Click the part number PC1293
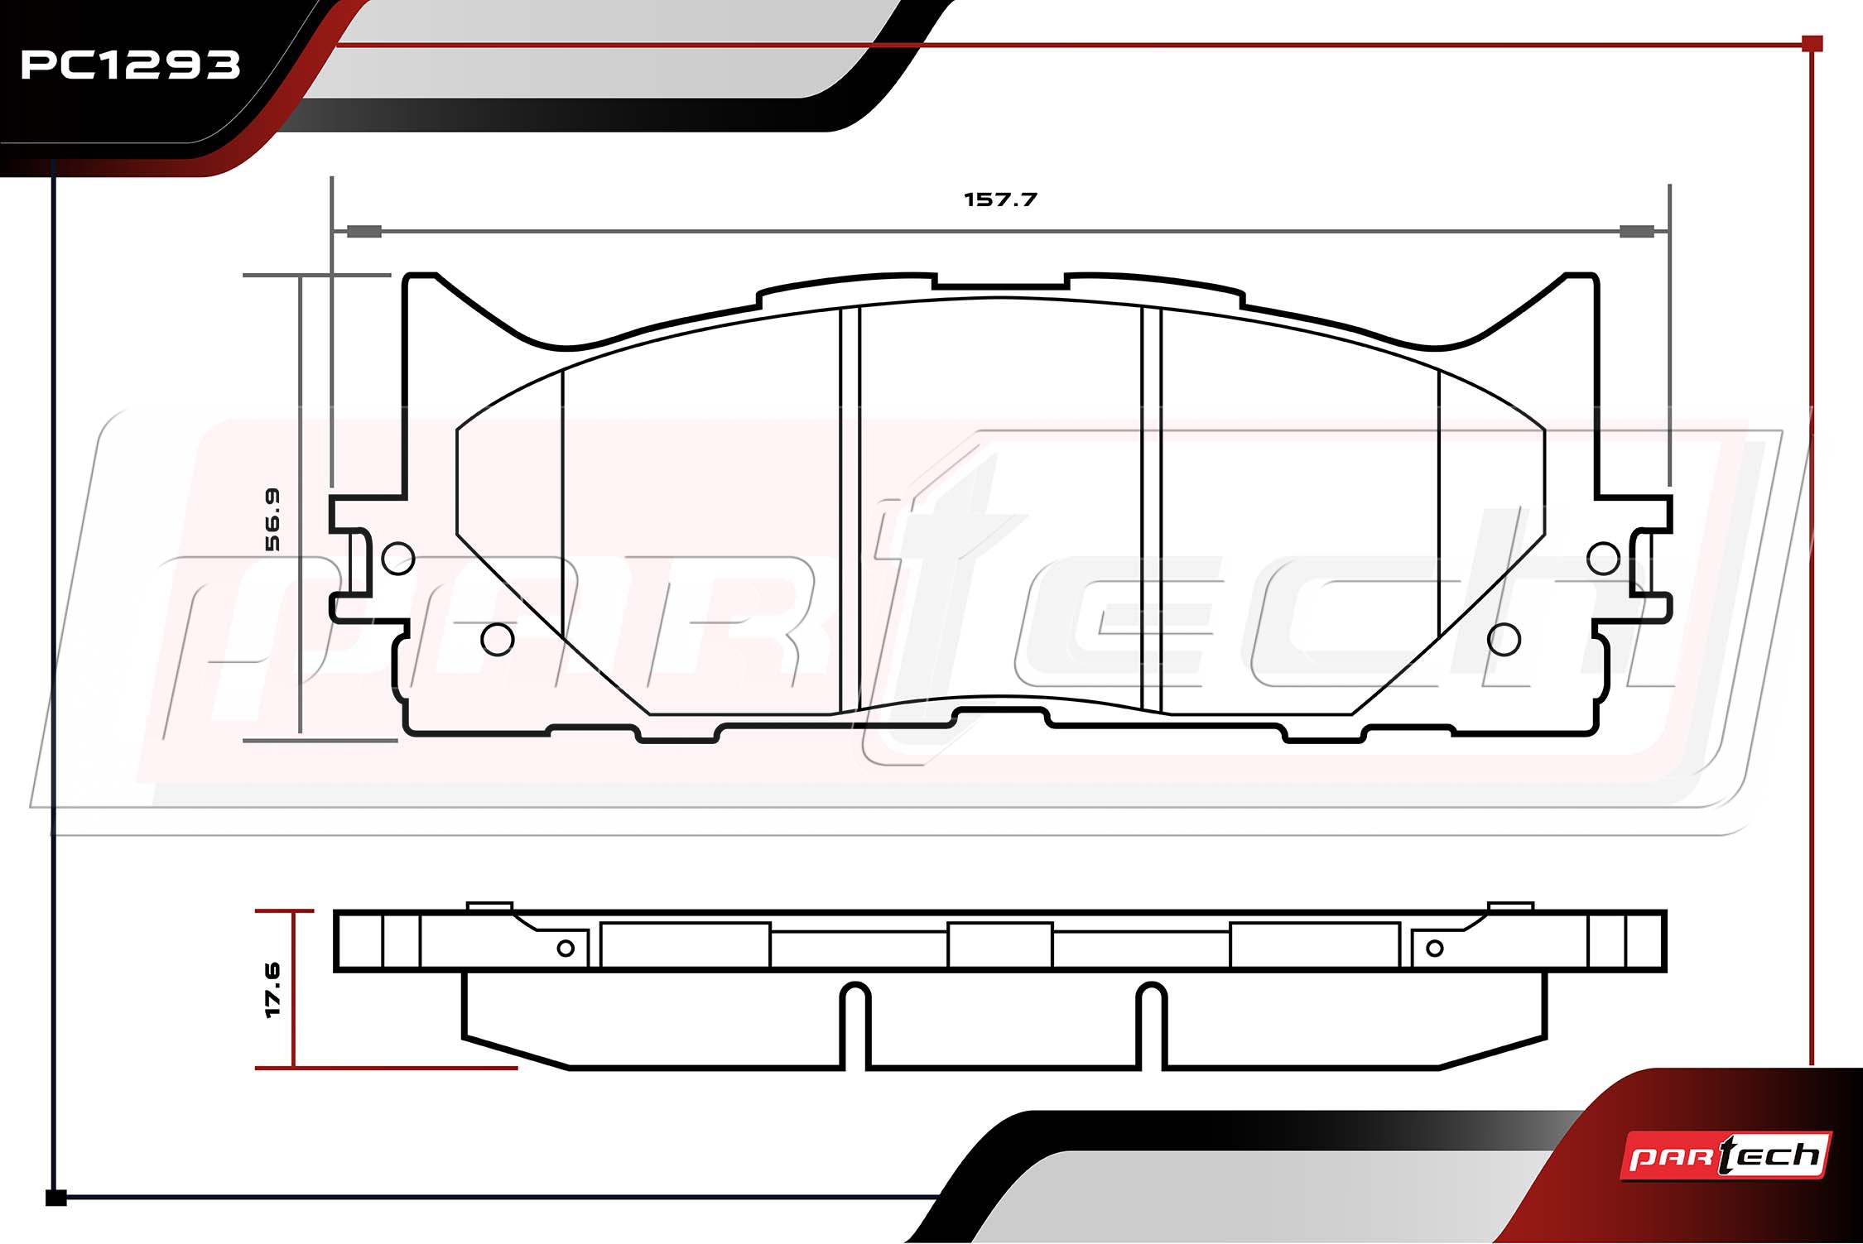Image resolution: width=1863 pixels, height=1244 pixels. [130, 65]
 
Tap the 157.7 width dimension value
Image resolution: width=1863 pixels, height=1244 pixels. [1000, 199]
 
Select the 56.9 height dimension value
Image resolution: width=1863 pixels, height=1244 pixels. [272, 519]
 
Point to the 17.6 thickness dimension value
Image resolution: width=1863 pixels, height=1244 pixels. [272, 989]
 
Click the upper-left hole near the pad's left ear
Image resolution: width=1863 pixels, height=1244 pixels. [398, 558]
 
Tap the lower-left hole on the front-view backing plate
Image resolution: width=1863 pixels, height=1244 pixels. [498, 639]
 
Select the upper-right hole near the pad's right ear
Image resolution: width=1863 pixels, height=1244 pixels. [1604, 558]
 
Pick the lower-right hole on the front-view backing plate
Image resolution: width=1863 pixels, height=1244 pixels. [1504, 639]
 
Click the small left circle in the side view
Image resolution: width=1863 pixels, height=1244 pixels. [566, 948]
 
